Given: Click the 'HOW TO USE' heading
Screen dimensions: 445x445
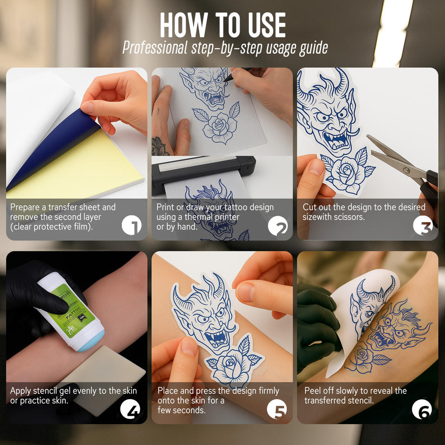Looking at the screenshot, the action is [x=222, y=25].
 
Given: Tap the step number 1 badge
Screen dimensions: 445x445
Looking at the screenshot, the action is [x=132, y=225].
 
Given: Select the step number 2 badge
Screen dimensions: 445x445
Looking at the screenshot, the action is [x=278, y=226].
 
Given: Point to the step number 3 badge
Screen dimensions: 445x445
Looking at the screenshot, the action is [x=423, y=225].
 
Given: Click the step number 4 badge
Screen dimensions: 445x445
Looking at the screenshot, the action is [x=130, y=409].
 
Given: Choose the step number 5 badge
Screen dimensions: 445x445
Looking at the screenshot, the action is [x=277, y=409].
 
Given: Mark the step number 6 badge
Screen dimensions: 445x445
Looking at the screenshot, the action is [x=422, y=409].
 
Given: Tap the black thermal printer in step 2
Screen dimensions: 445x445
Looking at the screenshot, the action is [x=203, y=173].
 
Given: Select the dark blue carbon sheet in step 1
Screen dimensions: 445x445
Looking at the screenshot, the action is [x=54, y=147].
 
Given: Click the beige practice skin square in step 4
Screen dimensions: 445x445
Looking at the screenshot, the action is [x=105, y=377].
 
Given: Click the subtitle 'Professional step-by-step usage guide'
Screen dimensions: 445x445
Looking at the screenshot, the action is [x=225, y=48].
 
